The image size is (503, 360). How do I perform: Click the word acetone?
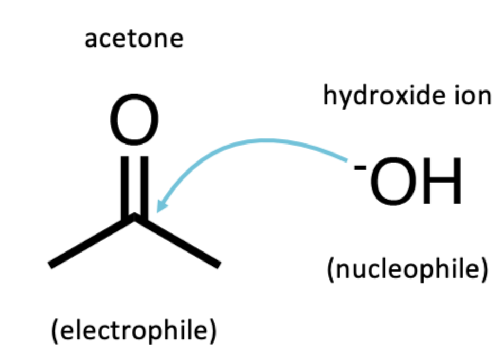click(x=133, y=39)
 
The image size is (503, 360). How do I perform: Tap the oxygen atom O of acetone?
click(x=134, y=121)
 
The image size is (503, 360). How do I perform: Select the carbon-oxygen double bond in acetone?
click(x=134, y=185)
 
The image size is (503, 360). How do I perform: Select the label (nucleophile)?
click(x=407, y=269)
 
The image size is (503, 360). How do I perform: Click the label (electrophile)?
click(x=134, y=331)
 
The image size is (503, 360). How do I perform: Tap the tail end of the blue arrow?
click(x=347, y=159)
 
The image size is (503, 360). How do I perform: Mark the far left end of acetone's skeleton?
click(x=51, y=264)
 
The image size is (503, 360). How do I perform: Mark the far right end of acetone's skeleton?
click(x=218, y=264)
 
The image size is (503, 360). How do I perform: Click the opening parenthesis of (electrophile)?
click(x=55, y=331)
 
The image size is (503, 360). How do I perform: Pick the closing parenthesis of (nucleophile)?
click(x=484, y=270)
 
